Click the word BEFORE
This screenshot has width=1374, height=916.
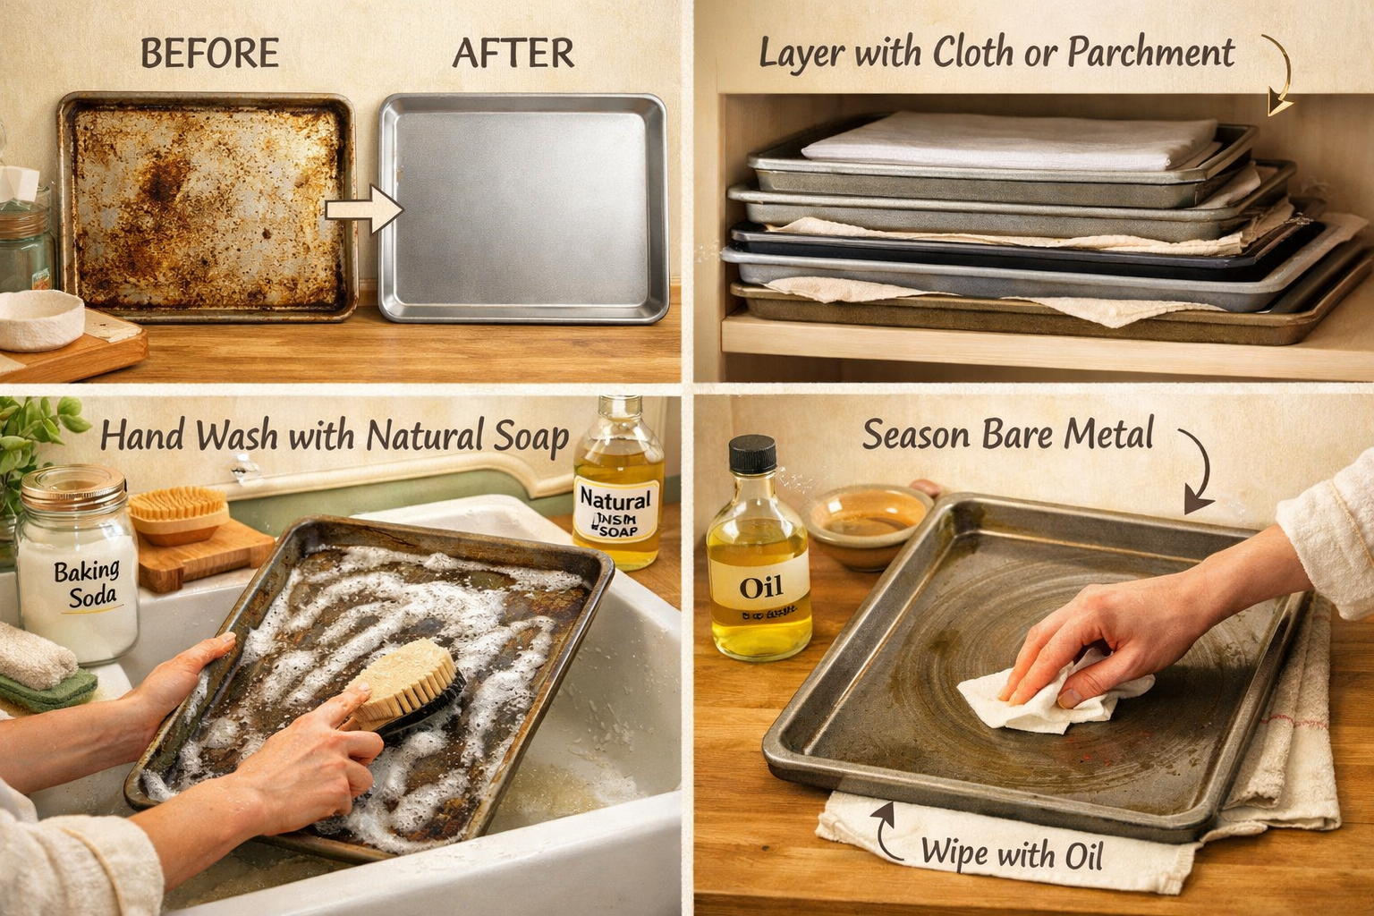pos(209,54)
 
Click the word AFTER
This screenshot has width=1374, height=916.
pos(513,54)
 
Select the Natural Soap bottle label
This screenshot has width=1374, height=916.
pos(617,510)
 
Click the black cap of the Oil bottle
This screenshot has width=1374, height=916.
pos(752,454)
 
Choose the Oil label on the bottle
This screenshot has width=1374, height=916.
pos(760,589)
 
